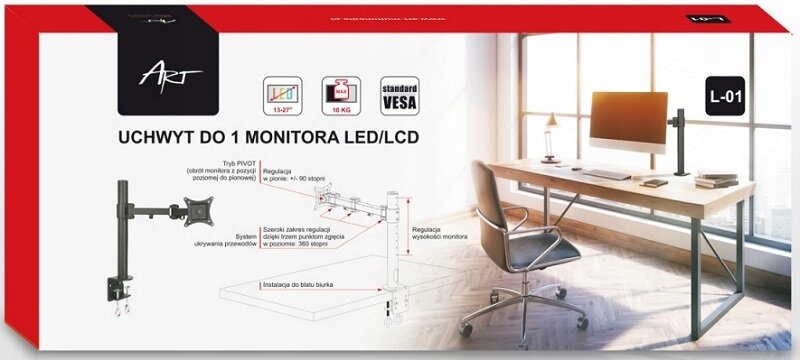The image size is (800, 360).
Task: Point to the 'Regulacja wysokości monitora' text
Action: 440,236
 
